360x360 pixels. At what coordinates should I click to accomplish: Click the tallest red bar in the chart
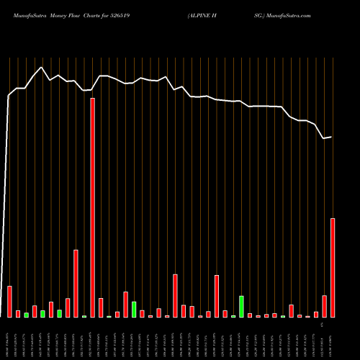click(93, 207)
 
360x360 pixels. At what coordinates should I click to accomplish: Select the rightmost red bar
click(333, 268)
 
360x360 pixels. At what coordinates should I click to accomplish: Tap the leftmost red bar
click(10, 302)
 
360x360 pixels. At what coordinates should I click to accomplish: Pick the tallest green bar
click(241, 307)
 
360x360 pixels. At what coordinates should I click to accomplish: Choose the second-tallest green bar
click(134, 310)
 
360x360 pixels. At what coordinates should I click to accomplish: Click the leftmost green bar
click(27, 315)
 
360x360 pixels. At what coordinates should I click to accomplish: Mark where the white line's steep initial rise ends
click(9, 95)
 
